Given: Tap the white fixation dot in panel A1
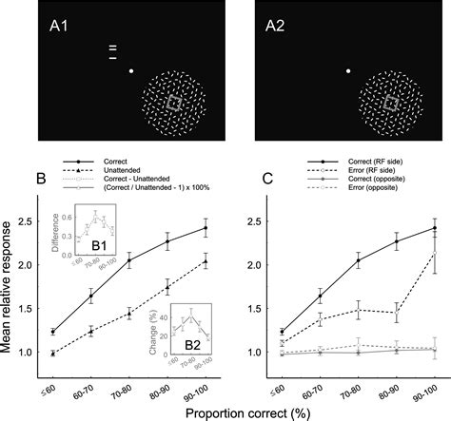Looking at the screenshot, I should click(x=132, y=70).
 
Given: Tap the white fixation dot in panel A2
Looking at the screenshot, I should click(x=349, y=70).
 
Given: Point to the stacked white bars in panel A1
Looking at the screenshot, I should click(x=112, y=51).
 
